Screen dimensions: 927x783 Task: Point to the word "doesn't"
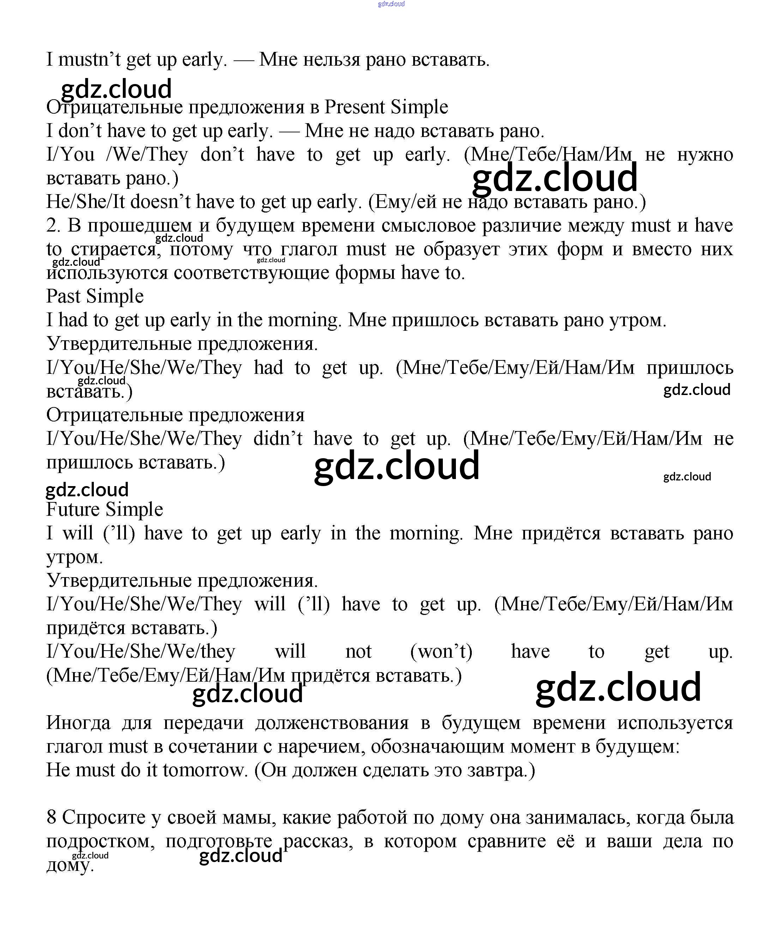point(160,202)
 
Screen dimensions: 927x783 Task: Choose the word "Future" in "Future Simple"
point(73,509)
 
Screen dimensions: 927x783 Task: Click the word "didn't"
point(278,439)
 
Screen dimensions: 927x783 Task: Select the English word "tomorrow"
point(204,770)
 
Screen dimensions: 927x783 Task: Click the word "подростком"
point(100,841)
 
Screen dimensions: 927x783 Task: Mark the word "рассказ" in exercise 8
point(318,841)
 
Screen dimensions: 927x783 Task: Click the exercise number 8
point(52,817)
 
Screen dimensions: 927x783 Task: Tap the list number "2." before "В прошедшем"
point(53,226)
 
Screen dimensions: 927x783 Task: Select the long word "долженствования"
point(332,723)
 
